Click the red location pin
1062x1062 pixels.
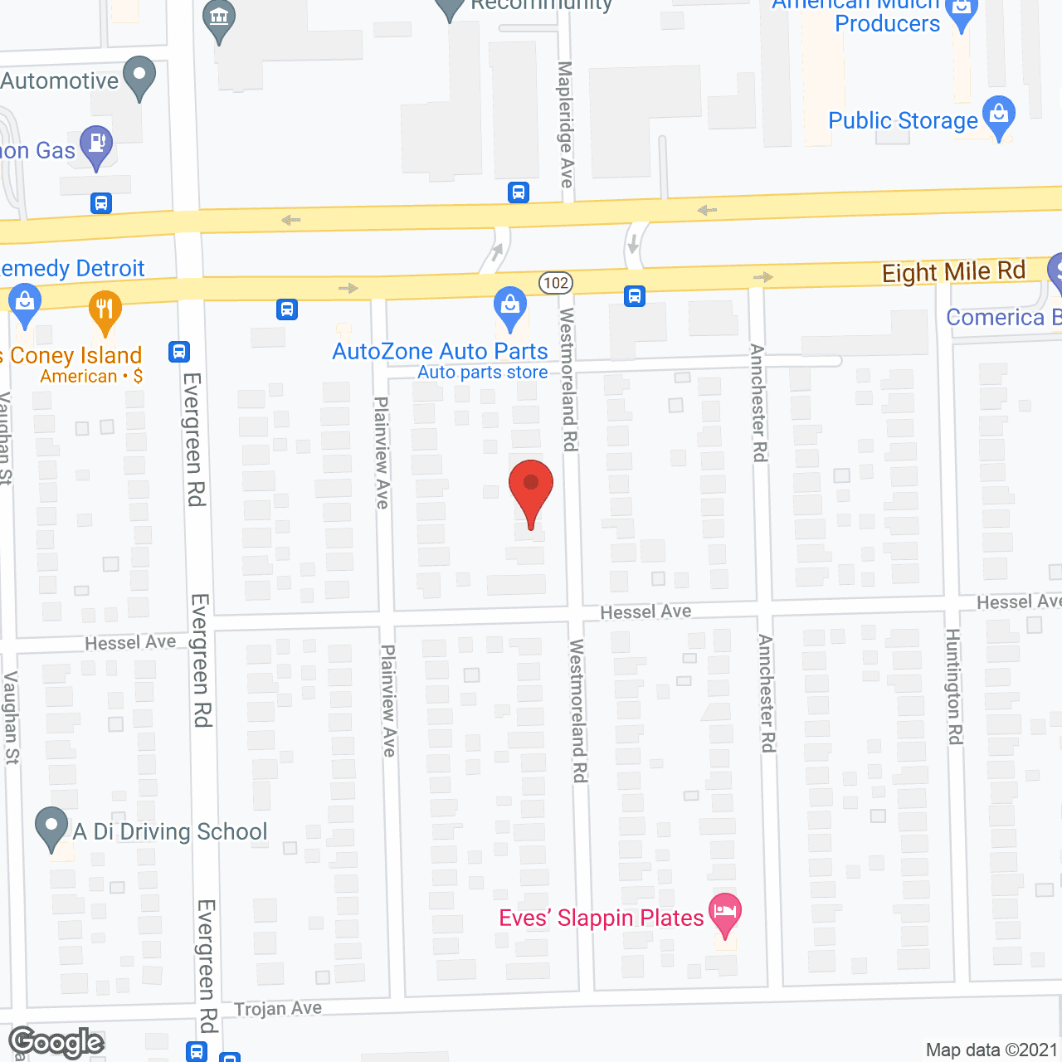click(x=531, y=490)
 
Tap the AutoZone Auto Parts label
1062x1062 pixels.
click(x=440, y=351)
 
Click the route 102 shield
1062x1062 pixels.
click(x=556, y=283)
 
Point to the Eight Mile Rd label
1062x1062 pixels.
click(x=953, y=271)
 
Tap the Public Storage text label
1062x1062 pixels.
click(x=903, y=121)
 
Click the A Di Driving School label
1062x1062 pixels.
click(x=170, y=831)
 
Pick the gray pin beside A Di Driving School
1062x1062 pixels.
click(x=51, y=826)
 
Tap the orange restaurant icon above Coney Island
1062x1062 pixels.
click(x=105, y=310)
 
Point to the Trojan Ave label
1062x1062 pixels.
click(x=278, y=1009)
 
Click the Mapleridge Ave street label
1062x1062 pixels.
click(x=566, y=124)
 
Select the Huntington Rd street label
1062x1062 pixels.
click(x=954, y=686)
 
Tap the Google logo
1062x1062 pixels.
click(x=56, y=1043)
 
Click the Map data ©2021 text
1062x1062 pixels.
click(x=991, y=1050)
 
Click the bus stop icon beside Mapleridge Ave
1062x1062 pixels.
click(x=519, y=192)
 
